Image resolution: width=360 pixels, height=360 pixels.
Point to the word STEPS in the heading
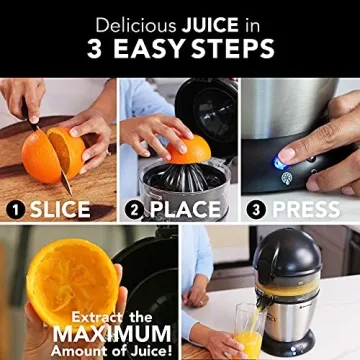(x=235, y=47)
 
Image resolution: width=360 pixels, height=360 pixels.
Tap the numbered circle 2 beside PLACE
(x=136, y=210)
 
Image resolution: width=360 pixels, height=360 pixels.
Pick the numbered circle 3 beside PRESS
(x=256, y=210)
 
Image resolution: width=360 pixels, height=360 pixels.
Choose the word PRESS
(x=306, y=210)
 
